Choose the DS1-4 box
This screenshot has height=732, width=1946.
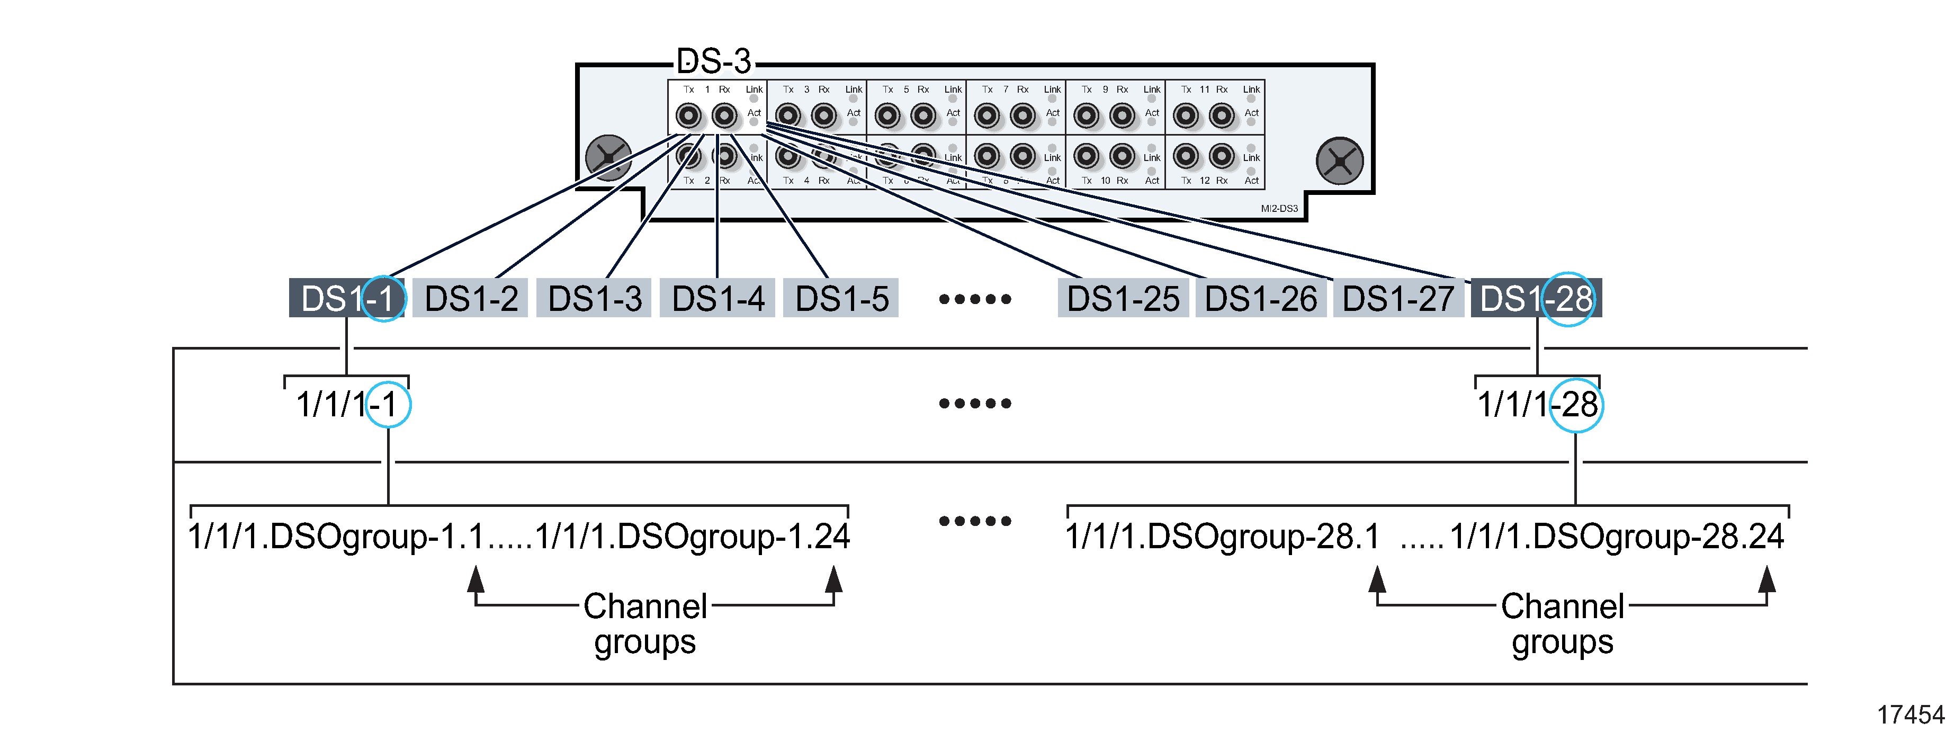click(717, 298)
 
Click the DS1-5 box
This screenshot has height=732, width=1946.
click(841, 298)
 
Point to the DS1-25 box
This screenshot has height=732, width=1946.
click(1123, 298)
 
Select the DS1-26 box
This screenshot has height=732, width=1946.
click(1261, 298)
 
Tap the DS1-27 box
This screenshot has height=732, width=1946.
click(1398, 298)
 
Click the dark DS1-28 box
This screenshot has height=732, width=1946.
click(1536, 298)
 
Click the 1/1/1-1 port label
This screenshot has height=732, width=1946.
click(347, 405)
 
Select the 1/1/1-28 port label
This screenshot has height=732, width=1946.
click(1537, 405)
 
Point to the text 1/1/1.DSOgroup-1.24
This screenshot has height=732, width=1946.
click(692, 537)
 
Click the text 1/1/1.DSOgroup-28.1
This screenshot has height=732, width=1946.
click(1222, 537)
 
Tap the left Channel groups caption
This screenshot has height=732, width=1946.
click(644, 624)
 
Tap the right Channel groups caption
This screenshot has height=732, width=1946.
click(1562, 624)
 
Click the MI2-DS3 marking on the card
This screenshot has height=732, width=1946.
click(1279, 209)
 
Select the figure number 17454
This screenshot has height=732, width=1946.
click(1911, 715)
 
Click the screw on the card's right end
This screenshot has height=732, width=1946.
click(1339, 161)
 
